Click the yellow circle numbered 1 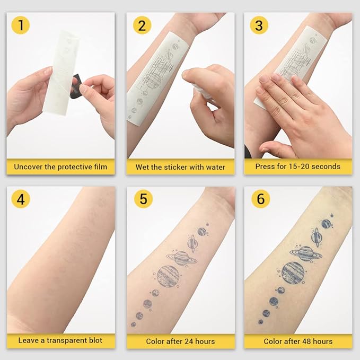coord(20,25)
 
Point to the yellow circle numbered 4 coord(20,199)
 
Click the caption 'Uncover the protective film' coord(60,166)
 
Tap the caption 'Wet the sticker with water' coord(180,166)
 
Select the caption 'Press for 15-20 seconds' coord(298,166)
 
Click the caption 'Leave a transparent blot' coord(60,340)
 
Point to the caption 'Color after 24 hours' coord(180,341)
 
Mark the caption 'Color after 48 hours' coord(298,341)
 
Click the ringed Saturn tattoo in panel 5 coord(181,258)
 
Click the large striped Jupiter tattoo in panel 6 coord(293,273)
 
